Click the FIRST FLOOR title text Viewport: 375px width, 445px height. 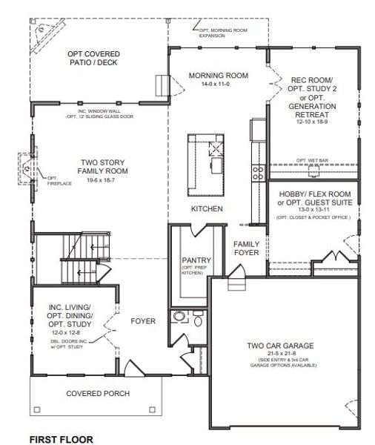62,439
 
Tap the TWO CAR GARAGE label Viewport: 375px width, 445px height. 281,346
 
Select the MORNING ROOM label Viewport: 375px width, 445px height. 217,76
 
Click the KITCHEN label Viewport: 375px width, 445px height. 207,209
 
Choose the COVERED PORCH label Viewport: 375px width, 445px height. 98,393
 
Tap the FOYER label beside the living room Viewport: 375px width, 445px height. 143,321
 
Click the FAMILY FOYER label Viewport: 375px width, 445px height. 245,248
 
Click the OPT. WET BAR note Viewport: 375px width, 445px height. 311,159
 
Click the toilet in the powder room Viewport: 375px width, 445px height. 179,317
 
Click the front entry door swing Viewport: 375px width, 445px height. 132,368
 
